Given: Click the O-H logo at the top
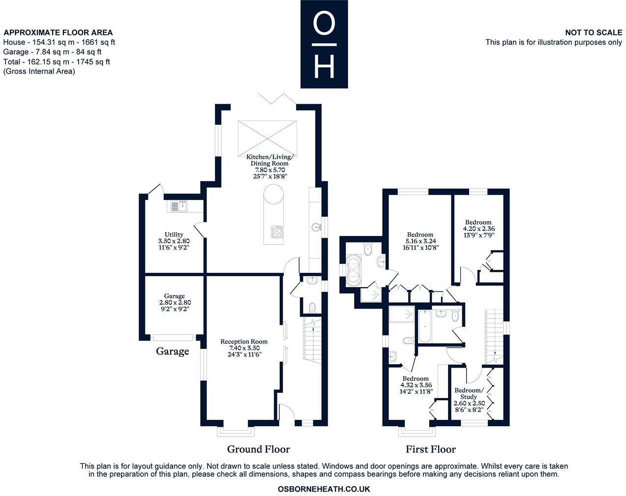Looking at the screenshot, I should tap(324, 44).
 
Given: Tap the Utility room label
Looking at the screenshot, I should tap(174, 234).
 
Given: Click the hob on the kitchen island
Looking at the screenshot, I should tap(277, 232).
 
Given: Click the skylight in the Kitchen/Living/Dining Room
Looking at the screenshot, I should tap(268, 136).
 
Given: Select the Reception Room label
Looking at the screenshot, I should tap(244, 342).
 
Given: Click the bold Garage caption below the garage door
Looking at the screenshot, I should tap(173, 351).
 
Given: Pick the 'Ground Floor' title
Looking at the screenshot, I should tap(258, 449).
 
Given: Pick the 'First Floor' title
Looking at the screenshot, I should tap(430, 449).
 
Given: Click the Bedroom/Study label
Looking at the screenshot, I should tap(469, 393).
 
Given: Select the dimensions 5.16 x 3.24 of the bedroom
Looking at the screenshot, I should tap(419, 241).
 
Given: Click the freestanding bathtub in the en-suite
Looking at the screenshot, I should tap(354, 270).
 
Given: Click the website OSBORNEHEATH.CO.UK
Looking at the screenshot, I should tap(324, 489).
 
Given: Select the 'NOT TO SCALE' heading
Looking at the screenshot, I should tap(593, 32).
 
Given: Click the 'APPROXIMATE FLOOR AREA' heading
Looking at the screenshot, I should tap(58, 33).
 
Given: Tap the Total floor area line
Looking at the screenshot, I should tap(57, 62).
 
